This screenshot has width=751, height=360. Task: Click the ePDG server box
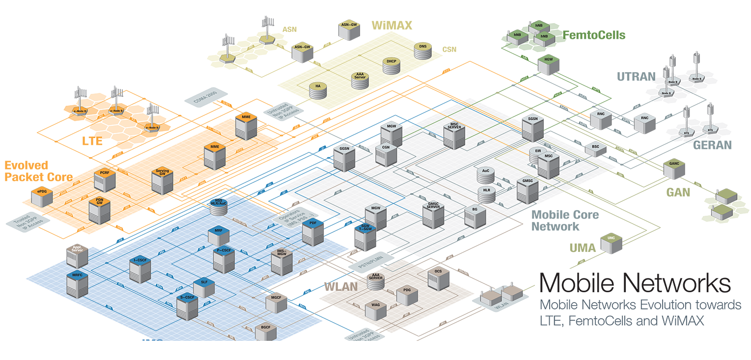click(42, 197)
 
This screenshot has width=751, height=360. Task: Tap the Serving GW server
click(162, 181)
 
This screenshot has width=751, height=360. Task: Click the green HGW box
click(548, 65)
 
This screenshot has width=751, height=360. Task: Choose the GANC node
click(673, 168)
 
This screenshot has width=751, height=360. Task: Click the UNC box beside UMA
click(611, 243)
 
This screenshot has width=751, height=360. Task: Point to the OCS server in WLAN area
click(438, 279)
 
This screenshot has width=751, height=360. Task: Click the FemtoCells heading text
click(594, 35)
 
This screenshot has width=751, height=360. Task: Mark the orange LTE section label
click(92, 141)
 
